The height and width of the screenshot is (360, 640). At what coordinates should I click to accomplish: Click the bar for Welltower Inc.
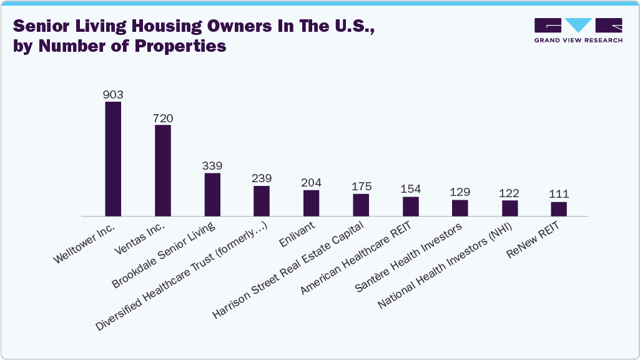click(113, 159)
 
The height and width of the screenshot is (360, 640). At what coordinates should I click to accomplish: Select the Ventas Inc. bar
click(163, 170)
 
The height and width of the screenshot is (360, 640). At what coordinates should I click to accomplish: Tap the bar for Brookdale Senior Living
click(212, 195)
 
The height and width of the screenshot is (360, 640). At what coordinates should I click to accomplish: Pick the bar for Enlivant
click(311, 203)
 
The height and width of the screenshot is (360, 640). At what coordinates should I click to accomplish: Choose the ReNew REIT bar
click(559, 209)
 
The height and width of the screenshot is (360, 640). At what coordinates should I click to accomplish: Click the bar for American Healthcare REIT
click(411, 207)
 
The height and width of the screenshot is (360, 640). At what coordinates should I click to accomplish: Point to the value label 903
click(113, 95)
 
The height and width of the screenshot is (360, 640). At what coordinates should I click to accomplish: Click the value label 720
click(163, 118)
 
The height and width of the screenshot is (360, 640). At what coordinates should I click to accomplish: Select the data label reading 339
click(212, 166)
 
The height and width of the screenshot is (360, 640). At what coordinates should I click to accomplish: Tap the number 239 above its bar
click(262, 179)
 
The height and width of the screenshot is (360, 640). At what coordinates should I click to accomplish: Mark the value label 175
click(361, 187)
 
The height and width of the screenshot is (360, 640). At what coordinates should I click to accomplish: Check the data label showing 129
click(460, 192)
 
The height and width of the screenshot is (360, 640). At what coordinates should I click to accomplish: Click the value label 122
click(510, 193)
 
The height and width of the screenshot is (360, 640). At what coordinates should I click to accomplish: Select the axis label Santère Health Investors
click(408, 258)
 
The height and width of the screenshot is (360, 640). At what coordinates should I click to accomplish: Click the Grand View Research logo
click(578, 30)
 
